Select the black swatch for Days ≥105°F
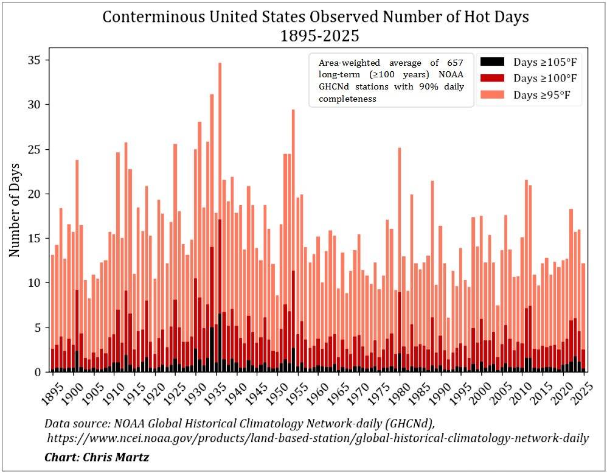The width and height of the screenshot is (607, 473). tap(492, 61)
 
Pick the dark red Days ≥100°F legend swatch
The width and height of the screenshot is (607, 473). tap(492, 78)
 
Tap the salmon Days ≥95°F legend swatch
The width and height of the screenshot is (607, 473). tap(492, 94)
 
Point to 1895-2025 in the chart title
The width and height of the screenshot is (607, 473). tap(319, 36)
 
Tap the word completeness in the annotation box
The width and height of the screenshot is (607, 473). tap(348, 99)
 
